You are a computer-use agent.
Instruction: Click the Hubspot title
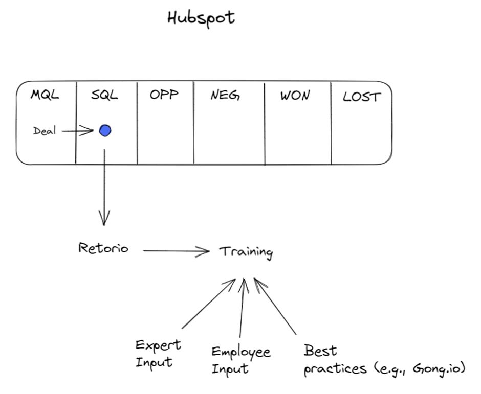pyautogui.click(x=201, y=18)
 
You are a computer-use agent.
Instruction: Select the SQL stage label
pyautogui.click(x=104, y=96)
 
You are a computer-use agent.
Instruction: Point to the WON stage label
pyautogui.click(x=295, y=96)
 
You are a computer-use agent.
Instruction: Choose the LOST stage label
pyautogui.click(x=361, y=97)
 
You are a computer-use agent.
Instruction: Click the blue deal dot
pyautogui.click(x=105, y=131)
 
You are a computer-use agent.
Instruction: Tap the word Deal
pyautogui.click(x=45, y=131)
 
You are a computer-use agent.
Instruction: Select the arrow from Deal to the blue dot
pyautogui.click(x=78, y=131)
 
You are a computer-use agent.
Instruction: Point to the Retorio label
pyautogui.click(x=103, y=249)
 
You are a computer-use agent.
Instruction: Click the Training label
pyautogui.click(x=246, y=252)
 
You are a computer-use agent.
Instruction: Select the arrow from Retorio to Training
pyautogui.click(x=176, y=251)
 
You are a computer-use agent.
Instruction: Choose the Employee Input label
pyautogui.click(x=240, y=359)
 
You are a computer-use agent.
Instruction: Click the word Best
pyautogui.click(x=320, y=352)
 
